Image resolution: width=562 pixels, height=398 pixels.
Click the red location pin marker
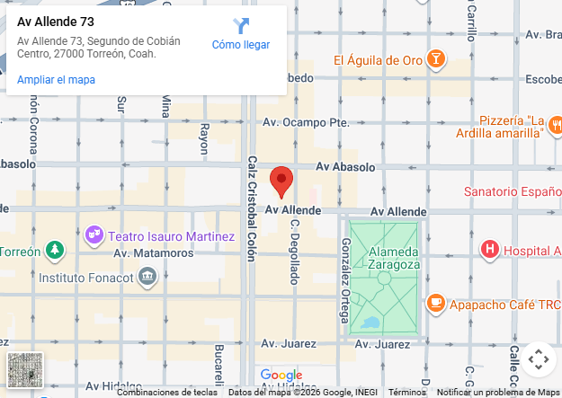[282, 181]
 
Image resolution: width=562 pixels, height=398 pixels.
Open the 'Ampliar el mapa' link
[56, 80]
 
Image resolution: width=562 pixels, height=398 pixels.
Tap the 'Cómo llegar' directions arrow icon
[241, 26]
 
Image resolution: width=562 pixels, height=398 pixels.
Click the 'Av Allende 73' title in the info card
[56, 21]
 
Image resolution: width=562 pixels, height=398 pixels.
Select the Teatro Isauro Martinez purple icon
[94, 235]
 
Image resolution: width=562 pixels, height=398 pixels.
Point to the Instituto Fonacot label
[86, 278]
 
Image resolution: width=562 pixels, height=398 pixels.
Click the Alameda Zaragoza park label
[393, 257]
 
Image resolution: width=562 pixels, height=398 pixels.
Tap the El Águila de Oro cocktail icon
[435, 60]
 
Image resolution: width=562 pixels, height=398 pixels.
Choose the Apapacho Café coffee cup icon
[435, 303]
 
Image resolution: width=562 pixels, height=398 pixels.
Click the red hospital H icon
[490, 250]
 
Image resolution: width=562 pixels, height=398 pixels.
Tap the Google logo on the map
[281, 376]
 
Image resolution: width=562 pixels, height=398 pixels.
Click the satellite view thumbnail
[25, 370]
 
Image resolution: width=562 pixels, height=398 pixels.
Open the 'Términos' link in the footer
[406, 393]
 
